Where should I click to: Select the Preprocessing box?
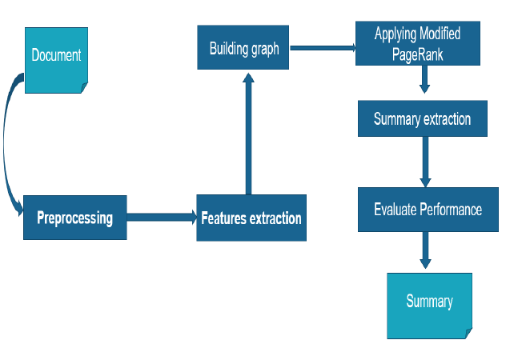74,218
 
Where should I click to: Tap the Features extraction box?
251,218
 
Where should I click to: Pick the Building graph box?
243,48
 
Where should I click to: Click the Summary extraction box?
422,120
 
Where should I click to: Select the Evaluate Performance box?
428,210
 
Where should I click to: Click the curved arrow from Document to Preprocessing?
6,144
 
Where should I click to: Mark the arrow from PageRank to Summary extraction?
425,80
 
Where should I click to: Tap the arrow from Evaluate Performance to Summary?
425,252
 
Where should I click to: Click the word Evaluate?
395,210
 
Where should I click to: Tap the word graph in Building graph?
263,49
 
